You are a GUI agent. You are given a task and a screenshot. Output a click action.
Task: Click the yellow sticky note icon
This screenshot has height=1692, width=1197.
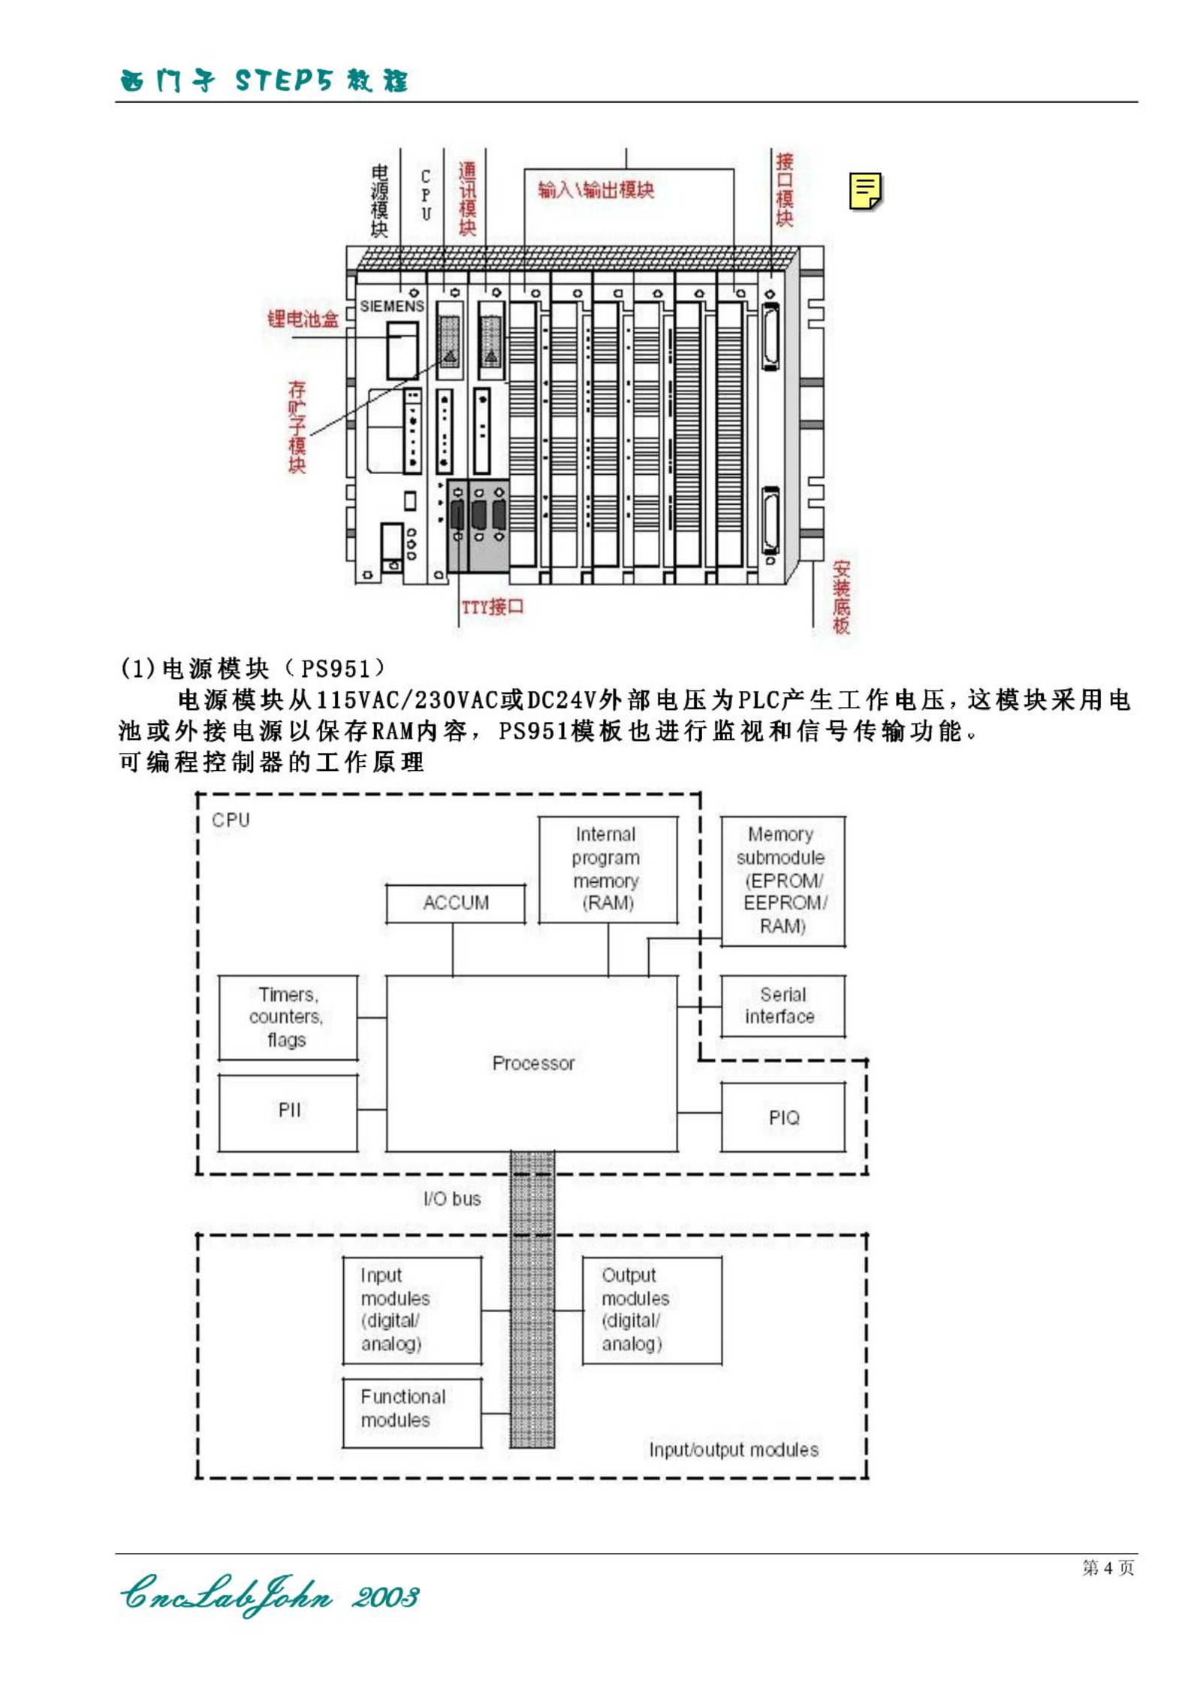(866, 192)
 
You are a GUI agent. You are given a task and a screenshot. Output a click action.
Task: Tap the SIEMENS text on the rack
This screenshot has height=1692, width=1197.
(392, 306)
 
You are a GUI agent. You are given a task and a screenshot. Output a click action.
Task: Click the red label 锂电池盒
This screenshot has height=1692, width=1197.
(303, 319)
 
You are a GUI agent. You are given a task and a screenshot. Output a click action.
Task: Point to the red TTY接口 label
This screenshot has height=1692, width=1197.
(493, 606)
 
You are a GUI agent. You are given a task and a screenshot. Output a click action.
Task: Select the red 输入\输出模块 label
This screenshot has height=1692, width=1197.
(596, 189)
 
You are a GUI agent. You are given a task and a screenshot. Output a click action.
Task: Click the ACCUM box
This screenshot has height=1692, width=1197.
(456, 903)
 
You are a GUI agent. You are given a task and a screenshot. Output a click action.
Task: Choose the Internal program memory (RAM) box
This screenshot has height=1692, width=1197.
(608, 869)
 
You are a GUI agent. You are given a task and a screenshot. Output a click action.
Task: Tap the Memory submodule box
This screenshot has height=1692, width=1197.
(783, 881)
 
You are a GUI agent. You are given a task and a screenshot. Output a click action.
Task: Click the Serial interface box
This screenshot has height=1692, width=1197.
(783, 1006)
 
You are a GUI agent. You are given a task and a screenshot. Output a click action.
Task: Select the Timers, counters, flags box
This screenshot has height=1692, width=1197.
(288, 1017)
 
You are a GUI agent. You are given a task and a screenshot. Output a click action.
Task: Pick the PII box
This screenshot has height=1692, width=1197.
(288, 1112)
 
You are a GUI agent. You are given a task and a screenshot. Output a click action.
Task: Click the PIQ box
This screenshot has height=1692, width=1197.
(783, 1117)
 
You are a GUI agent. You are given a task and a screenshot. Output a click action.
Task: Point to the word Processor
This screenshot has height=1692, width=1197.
(534, 1063)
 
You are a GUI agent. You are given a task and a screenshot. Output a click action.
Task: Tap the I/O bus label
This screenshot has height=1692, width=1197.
(452, 1199)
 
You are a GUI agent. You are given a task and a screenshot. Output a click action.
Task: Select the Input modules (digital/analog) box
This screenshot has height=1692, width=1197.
(412, 1310)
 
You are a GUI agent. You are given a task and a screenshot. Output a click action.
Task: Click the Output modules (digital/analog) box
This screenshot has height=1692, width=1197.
(652, 1310)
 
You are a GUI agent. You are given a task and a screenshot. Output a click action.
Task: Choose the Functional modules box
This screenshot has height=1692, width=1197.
(412, 1413)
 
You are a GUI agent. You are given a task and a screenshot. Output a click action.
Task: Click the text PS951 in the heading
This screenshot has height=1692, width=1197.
(336, 668)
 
